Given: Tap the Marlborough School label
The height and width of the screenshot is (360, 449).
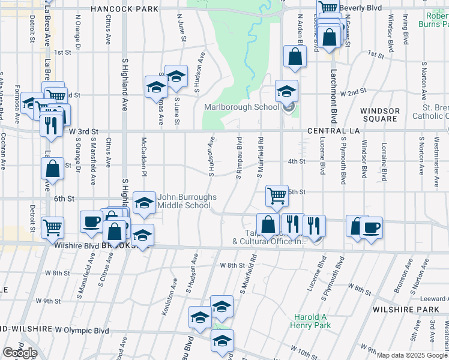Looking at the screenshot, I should pos(241,107).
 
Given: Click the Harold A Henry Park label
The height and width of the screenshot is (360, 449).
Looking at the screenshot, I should pos(312,321).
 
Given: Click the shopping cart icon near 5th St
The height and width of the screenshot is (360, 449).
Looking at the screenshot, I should pos(276,195).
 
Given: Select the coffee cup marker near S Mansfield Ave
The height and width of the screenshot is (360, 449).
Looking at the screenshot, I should pos(91,221).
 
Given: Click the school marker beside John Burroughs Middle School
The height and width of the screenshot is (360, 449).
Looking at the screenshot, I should pos(143,203).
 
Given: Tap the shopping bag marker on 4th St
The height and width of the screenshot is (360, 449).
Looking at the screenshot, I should pos(52,169).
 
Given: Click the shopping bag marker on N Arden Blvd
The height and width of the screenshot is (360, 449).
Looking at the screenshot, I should pos(295,57).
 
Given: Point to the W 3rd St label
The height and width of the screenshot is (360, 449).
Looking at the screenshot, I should pos(83,131).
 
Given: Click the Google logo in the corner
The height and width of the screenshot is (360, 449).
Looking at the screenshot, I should pos(20,353).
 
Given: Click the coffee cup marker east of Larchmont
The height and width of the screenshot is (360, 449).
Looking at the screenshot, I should pos(372,227).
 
